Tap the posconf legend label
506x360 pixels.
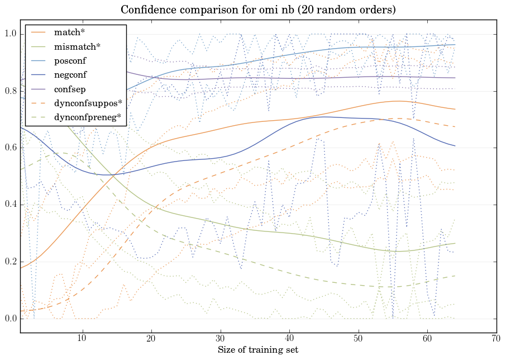tap(70, 60)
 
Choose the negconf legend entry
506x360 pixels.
tap(70, 74)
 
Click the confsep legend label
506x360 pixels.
tap(69, 88)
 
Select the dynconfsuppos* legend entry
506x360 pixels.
tap(84, 103)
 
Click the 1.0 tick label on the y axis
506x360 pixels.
tap(11, 34)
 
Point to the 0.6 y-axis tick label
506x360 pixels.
tap(11, 148)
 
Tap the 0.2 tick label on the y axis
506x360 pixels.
tap(11, 262)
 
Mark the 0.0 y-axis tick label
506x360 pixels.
tap(11, 319)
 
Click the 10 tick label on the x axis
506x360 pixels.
tap(82, 338)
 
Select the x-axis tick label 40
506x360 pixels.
tap(289, 338)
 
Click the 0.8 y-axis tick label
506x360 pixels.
tap(11, 91)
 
